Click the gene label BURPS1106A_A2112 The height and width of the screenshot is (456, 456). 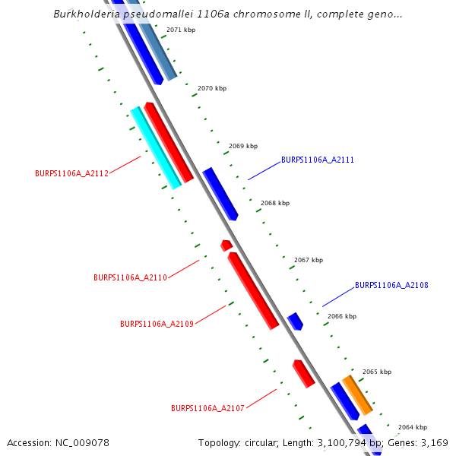click(71, 173)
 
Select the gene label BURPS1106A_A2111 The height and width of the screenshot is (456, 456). click(318, 160)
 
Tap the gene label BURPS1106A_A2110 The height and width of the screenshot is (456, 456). click(130, 277)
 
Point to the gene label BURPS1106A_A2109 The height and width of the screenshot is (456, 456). click(157, 324)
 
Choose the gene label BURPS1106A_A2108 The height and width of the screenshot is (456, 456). click(391, 286)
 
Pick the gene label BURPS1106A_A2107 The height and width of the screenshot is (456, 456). click(207, 408)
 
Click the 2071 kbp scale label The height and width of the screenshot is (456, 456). click(180, 30)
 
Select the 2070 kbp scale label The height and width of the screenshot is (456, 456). click(212, 89)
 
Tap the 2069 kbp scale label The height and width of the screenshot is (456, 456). click(243, 146)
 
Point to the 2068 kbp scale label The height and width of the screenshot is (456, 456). click(275, 204)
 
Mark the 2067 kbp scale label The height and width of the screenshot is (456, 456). click(309, 260)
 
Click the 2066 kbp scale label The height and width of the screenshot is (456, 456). click(342, 316)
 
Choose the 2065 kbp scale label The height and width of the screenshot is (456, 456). click(377, 372)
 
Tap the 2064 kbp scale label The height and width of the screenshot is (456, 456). click(413, 427)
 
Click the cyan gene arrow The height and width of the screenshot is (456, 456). click(156, 148)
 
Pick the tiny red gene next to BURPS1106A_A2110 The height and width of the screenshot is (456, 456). click(226, 245)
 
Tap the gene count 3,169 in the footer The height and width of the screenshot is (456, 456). click(434, 442)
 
